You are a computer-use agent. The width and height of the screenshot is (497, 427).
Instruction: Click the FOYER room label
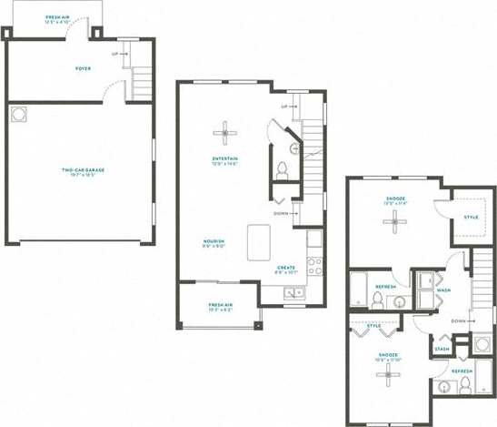click(83, 68)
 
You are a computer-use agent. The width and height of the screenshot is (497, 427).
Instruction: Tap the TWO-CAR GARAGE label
click(83, 170)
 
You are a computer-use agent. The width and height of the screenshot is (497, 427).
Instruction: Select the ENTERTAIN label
click(224, 159)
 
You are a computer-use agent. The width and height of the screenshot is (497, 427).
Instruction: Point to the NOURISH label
click(214, 241)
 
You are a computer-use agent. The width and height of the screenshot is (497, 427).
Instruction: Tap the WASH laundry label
click(443, 290)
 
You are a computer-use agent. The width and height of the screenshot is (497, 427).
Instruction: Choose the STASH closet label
click(442, 349)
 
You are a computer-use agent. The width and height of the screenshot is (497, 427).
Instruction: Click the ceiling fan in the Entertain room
click(225, 134)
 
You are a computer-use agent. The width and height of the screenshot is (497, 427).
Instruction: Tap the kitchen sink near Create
click(294, 293)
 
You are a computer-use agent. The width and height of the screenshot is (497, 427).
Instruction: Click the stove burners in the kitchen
click(314, 265)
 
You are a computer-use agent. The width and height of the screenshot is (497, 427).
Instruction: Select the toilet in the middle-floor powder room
click(282, 168)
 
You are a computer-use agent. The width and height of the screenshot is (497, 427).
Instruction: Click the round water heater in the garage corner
click(19, 114)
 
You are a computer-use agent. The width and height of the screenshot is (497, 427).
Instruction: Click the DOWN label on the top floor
click(459, 320)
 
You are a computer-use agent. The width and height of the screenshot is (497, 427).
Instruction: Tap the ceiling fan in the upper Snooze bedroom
click(395, 221)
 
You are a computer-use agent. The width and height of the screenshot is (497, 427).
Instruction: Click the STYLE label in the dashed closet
click(471, 217)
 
